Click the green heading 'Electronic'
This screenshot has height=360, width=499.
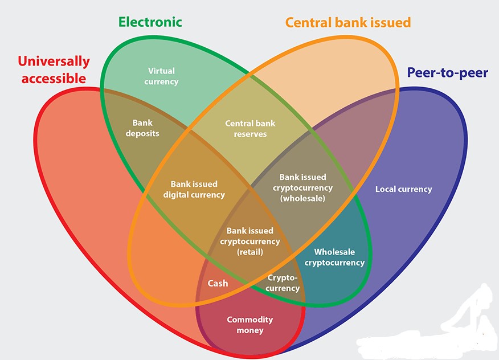150,22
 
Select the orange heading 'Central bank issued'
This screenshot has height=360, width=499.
347,22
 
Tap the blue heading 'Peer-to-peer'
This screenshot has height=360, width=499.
447,72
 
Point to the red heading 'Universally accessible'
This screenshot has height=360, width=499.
54,69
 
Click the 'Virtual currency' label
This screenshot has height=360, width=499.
161,76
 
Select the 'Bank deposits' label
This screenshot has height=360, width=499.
142,128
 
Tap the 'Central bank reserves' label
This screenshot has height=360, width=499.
250,128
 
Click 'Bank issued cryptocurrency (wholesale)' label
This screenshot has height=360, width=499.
302,187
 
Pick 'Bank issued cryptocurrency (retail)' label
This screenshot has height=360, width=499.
250,241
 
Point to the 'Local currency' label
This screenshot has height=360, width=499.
403,189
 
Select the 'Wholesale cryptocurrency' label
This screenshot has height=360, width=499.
334,257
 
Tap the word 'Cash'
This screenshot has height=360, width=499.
218,283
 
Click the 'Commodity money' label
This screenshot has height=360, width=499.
249,325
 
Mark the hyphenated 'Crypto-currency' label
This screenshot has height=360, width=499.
283,283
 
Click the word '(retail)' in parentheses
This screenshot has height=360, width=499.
250,251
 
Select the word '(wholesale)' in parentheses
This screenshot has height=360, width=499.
302,198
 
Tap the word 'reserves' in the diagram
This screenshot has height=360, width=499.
250,134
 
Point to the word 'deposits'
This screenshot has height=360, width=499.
142,133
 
